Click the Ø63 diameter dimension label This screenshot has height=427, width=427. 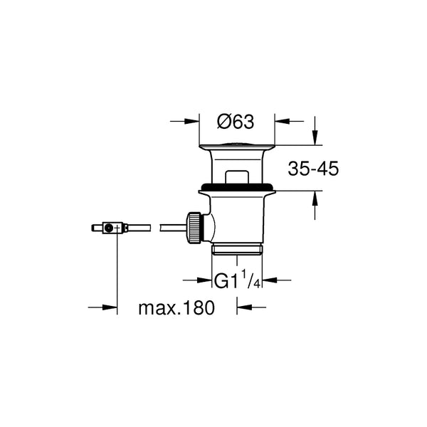pos(236,122)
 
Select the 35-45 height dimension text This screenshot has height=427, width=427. pos(313,169)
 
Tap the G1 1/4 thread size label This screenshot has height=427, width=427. pos(237,280)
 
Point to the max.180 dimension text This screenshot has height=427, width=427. pos(176,307)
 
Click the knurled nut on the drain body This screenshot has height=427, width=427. pos(194,227)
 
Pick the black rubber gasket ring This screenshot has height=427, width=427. pos(237,187)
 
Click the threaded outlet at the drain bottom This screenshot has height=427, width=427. pos(237,250)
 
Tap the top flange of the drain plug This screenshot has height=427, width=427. pos(237,147)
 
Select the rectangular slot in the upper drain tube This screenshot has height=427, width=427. pos(237,177)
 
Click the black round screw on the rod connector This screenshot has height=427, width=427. pos(109,228)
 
